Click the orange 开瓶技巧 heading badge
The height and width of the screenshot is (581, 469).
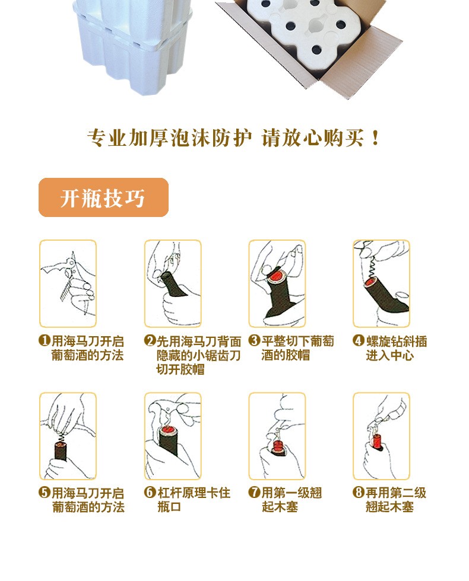103,197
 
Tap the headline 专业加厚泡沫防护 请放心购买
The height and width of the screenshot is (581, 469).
233,138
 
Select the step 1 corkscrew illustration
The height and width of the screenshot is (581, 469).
67,283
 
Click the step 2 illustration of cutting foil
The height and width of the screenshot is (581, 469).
172,283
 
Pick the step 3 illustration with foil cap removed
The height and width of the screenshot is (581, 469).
277,283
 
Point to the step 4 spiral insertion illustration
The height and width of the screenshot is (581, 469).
381,283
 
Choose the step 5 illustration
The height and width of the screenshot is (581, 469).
67,436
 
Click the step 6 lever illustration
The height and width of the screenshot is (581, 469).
172,436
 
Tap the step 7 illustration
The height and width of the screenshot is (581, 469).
277,436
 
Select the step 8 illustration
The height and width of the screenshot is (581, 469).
381,436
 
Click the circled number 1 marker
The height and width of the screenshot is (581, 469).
44,341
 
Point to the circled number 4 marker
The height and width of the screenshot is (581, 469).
358,341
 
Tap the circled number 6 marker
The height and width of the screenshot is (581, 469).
150,493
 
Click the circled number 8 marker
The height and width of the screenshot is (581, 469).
358,493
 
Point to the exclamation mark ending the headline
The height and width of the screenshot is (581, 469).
374,139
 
